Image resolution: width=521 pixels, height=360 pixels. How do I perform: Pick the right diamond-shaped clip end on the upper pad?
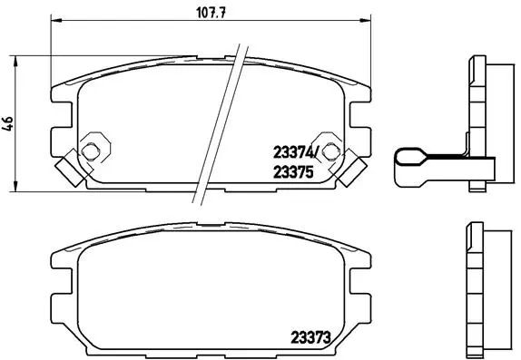[355, 167]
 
